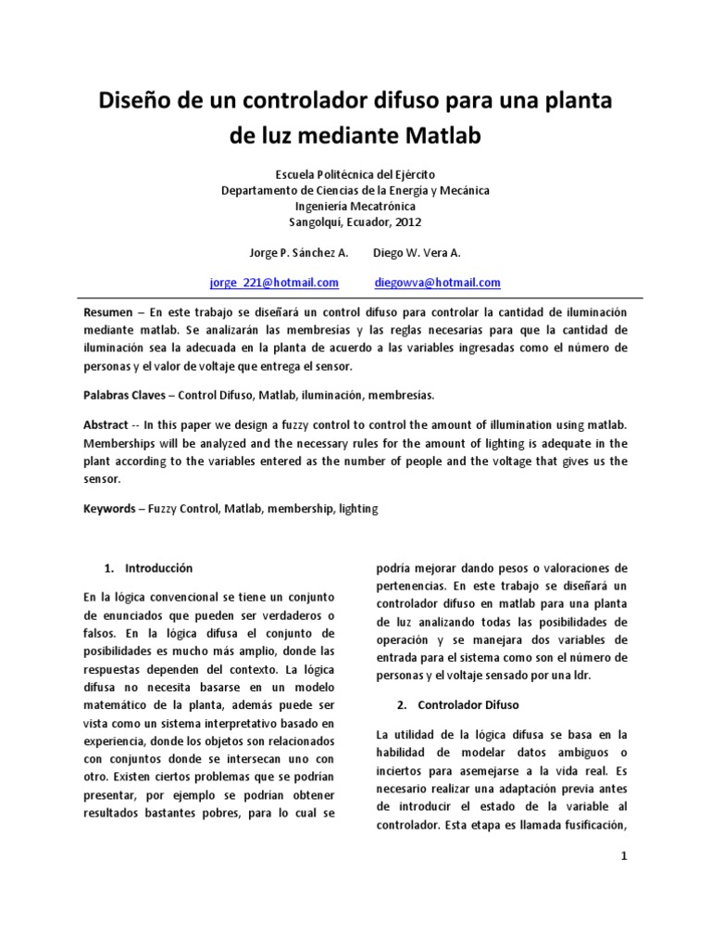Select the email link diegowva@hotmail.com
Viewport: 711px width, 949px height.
point(438,283)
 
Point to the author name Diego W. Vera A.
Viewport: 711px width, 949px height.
point(417,253)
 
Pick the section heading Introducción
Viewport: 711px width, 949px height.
point(160,567)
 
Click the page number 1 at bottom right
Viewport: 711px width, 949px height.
point(625,857)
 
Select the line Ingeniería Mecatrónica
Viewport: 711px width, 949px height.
point(355,207)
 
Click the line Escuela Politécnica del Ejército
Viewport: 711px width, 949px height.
point(355,174)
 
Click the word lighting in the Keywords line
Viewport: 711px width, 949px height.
point(358,509)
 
